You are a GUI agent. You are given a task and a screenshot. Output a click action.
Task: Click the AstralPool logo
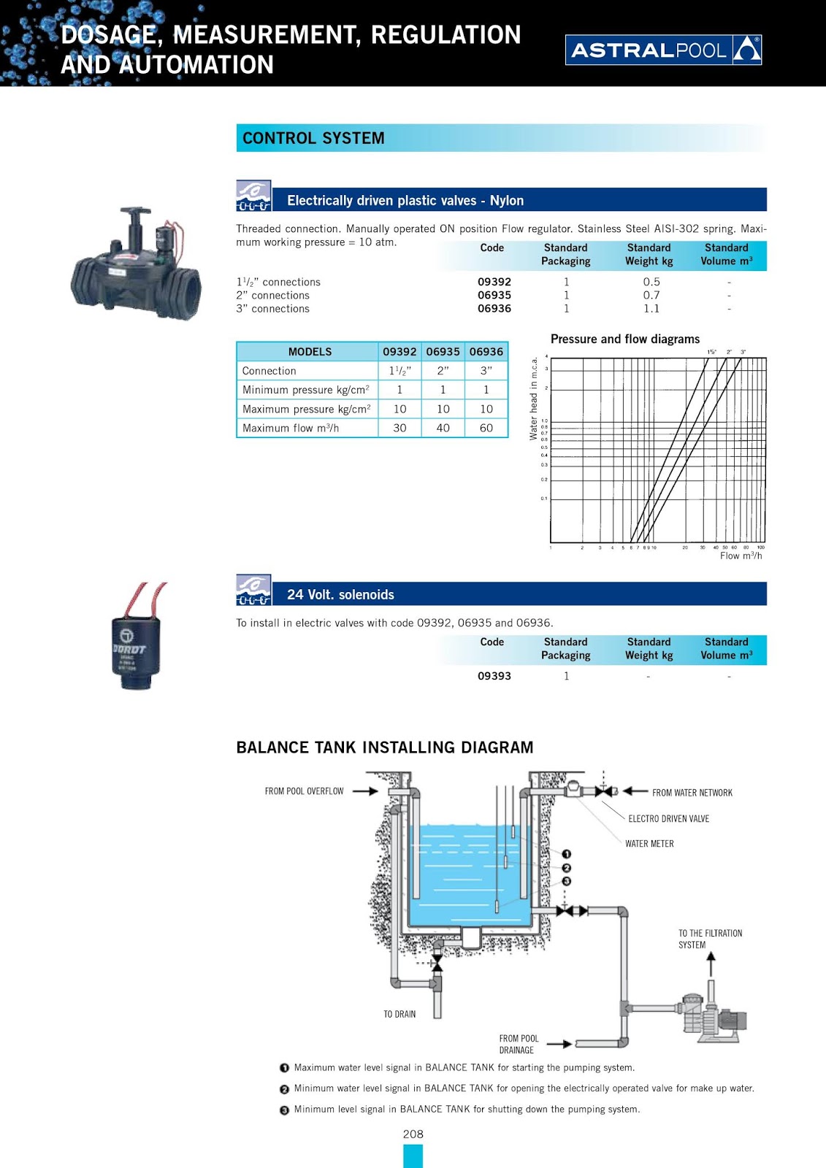tap(663, 50)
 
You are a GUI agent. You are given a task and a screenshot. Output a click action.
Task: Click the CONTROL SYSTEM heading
tap(313, 138)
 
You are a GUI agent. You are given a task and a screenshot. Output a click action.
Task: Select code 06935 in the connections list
tap(494, 295)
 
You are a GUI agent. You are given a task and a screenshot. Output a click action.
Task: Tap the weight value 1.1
tap(651, 309)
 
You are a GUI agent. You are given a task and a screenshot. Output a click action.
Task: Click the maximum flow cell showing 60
tap(486, 428)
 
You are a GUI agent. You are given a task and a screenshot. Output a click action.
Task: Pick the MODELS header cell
tap(310, 352)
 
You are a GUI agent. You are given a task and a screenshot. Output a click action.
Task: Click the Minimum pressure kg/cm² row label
tap(306, 390)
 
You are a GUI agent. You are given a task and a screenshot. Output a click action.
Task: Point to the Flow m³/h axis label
tap(741, 556)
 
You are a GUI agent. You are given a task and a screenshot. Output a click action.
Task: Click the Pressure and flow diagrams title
tap(624, 339)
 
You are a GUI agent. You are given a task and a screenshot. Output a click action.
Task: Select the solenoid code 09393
tap(494, 676)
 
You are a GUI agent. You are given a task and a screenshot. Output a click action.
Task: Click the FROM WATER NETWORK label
tap(692, 793)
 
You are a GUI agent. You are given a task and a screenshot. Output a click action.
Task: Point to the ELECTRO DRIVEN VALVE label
tap(668, 819)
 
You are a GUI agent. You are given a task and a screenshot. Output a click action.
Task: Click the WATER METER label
tap(649, 844)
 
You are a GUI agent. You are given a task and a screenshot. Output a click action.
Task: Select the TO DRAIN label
tap(399, 1014)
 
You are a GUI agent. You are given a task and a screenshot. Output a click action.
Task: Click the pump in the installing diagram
tap(712, 1015)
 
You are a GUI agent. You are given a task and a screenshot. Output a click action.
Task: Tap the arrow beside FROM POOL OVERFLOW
tap(365, 791)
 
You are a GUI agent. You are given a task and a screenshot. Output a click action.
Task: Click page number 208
tap(413, 1134)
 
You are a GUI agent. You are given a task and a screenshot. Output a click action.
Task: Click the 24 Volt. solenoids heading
tap(340, 595)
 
